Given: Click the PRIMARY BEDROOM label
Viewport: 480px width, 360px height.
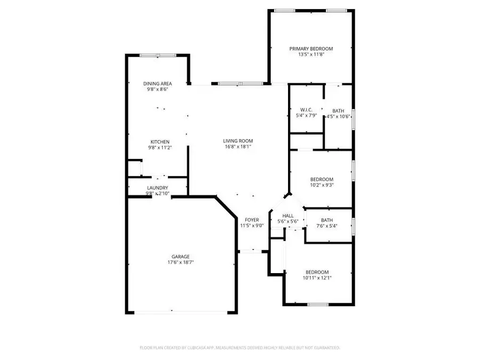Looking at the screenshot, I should click(311, 49).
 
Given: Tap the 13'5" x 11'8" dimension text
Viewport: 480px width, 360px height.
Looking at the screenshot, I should click(311, 54).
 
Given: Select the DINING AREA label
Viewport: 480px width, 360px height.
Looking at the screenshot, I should click(157, 84).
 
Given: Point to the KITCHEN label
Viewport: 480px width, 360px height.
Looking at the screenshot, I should click(159, 142).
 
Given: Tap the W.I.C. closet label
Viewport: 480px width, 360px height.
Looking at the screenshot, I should click(306, 109).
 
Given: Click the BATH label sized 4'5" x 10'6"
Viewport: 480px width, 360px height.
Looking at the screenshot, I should click(338, 110).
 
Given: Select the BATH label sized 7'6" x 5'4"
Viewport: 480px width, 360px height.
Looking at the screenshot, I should click(327, 220).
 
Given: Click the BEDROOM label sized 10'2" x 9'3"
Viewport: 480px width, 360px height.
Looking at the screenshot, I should click(322, 179).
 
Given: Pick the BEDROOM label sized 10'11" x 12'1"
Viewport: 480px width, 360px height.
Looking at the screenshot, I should click(317, 271).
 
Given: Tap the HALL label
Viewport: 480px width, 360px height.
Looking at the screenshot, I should click(288, 215).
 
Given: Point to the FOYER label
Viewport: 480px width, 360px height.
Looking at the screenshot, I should click(252, 220).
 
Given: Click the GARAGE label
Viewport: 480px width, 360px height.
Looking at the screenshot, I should click(180, 257).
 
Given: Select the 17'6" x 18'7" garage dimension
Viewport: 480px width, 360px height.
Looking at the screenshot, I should click(180, 262).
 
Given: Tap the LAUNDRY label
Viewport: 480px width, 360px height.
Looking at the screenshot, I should click(157, 188).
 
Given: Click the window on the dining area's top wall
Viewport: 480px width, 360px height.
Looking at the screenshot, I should click(158, 55).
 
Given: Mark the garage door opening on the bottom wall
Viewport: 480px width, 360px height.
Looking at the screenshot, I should click(180, 312).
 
